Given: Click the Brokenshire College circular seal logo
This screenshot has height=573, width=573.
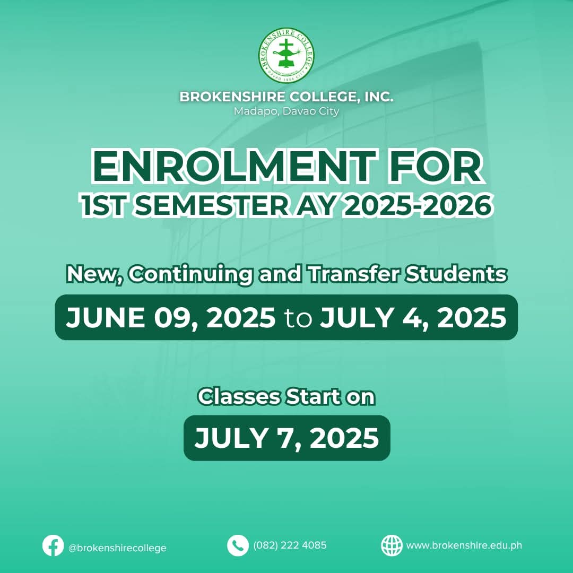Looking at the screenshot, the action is [286, 55].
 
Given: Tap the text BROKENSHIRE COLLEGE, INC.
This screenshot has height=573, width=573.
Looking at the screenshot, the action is [286, 97].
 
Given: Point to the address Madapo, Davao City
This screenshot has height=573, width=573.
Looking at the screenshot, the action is [286, 111].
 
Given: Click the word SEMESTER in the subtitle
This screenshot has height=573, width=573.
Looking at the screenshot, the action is [212, 206].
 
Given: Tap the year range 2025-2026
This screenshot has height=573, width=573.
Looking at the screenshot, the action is [419, 206].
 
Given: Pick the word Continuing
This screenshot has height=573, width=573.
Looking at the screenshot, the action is [190, 275].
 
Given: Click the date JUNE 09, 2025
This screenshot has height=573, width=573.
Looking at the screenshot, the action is [171, 318].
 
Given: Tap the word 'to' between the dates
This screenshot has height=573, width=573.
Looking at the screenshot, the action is [298, 319].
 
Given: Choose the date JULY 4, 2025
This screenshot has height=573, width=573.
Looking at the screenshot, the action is [413, 318].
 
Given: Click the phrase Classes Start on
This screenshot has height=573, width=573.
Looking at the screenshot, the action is [286, 397].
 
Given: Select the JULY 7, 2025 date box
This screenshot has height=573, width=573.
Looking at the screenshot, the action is [287, 438].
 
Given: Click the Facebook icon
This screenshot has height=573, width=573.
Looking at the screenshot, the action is [53, 545].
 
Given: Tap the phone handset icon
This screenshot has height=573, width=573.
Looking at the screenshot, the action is [238, 545].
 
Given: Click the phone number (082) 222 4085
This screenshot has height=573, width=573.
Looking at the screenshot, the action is [290, 545].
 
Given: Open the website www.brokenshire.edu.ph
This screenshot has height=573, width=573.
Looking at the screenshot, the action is [464, 545].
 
